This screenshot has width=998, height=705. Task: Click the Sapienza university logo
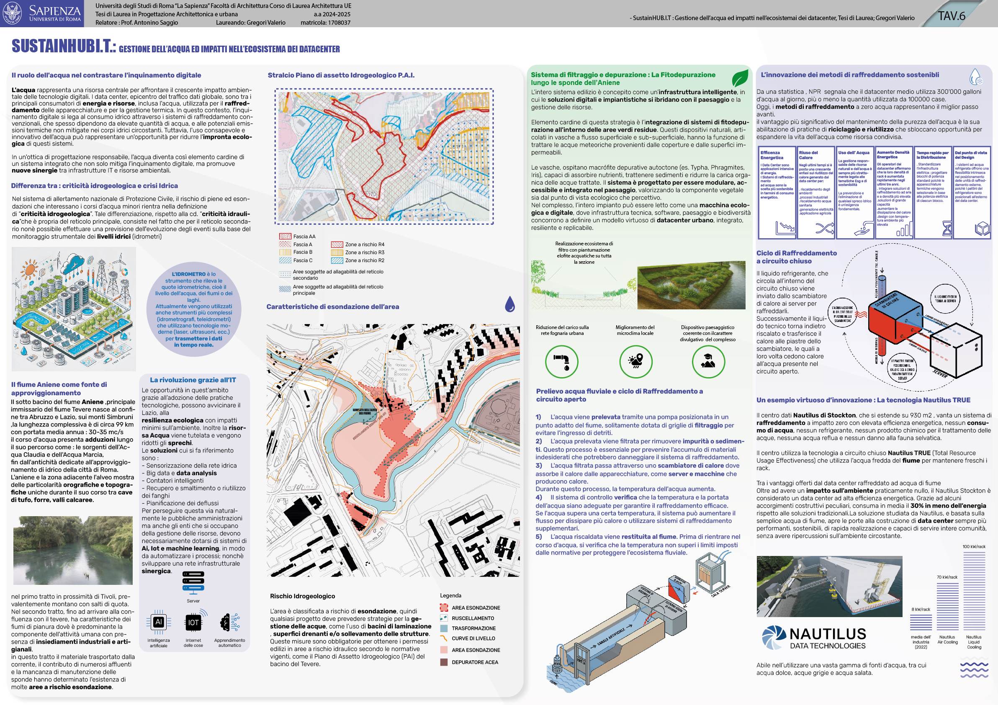tap(42, 13)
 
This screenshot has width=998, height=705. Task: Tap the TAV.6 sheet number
tap(951, 16)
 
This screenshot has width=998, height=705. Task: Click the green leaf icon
tap(740, 79)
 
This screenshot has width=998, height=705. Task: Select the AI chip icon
tap(159, 622)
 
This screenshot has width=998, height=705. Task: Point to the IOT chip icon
tap(193, 622)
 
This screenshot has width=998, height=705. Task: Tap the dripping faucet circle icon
tap(562, 361)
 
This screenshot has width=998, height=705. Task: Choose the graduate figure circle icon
tap(708, 361)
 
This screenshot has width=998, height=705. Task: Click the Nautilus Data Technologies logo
tap(814, 638)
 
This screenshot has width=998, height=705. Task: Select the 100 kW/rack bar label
tap(974, 546)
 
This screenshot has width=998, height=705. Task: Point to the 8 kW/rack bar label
tap(921, 610)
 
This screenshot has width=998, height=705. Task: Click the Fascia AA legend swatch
tap(285, 237)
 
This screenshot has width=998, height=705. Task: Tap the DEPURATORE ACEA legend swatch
tap(444, 662)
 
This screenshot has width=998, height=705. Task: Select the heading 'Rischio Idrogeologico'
tap(302, 596)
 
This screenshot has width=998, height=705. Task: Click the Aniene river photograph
tap(72, 550)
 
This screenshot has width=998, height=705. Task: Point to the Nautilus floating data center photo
tap(829, 586)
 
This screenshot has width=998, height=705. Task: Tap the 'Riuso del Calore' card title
tap(808, 155)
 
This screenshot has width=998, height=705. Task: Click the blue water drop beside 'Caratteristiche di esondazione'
tap(510, 304)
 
